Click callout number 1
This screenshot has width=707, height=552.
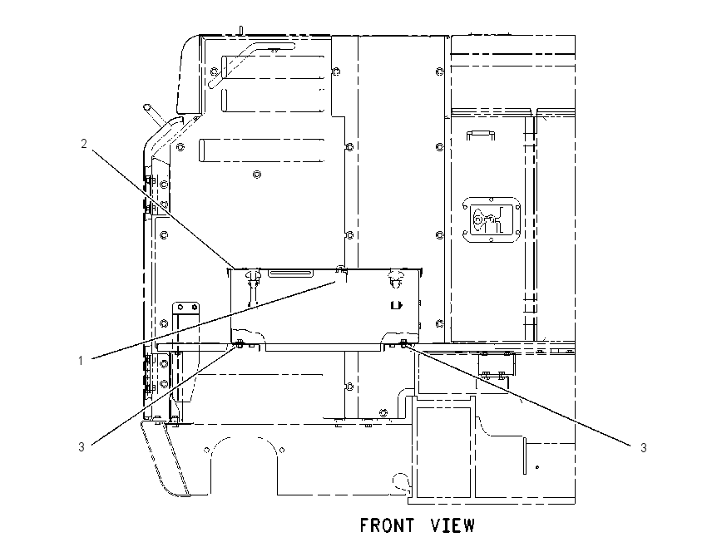[81, 361]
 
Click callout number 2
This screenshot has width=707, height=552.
[83, 144]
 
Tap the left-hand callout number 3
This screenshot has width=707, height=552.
[82, 447]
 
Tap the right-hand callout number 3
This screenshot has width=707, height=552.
[644, 448]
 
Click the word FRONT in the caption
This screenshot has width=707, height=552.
[388, 526]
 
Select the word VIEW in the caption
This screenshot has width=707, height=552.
[452, 526]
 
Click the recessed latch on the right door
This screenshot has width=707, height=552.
[492, 220]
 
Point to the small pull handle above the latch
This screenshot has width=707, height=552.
[481, 135]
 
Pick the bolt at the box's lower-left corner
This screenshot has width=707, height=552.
[239, 345]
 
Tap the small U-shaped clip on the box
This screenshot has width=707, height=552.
[395, 306]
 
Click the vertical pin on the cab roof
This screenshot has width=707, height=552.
[241, 30]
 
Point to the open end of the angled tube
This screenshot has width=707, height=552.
[146, 107]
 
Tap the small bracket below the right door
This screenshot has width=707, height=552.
[495, 364]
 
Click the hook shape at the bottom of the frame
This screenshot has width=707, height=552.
[401, 482]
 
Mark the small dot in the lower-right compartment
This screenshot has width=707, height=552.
[537, 467]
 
